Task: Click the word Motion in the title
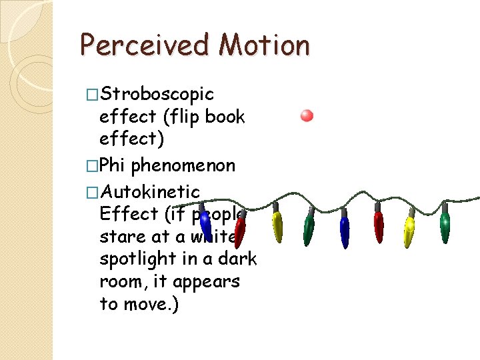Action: click(x=265, y=45)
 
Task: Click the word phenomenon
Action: click(x=183, y=165)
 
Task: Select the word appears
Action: click(x=206, y=282)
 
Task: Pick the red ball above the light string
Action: click(x=307, y=116)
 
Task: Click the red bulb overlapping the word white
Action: click(x=240, y=230)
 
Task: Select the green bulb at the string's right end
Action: click(x=445, y=227)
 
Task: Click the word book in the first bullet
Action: click(x=225, y=117)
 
